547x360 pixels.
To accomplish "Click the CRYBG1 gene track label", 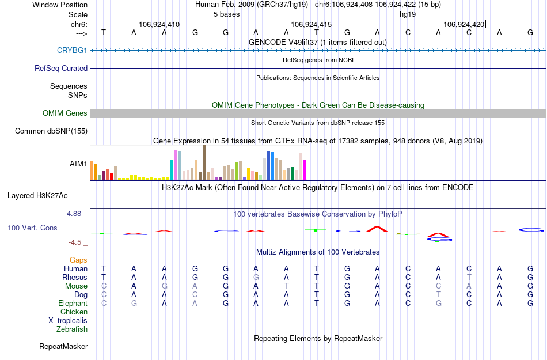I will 72,51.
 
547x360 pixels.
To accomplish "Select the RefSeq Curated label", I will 61,68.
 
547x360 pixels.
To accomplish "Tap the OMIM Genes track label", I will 65,113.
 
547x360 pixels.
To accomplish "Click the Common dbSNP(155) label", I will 51,131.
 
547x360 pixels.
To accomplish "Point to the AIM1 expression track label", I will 78,164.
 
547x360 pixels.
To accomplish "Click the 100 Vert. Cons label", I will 32,228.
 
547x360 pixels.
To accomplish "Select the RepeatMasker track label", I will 63,347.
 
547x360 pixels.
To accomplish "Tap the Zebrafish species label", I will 72,329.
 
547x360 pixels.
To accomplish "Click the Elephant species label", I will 73,304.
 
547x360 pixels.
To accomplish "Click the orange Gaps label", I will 78,260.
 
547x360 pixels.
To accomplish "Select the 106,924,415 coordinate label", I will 312,25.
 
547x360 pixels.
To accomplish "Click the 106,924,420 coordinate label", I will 464,25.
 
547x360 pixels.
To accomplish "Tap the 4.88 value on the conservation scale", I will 76,214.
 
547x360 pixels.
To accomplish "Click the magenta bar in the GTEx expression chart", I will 305,169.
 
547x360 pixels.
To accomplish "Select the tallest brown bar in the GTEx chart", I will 204,162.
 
